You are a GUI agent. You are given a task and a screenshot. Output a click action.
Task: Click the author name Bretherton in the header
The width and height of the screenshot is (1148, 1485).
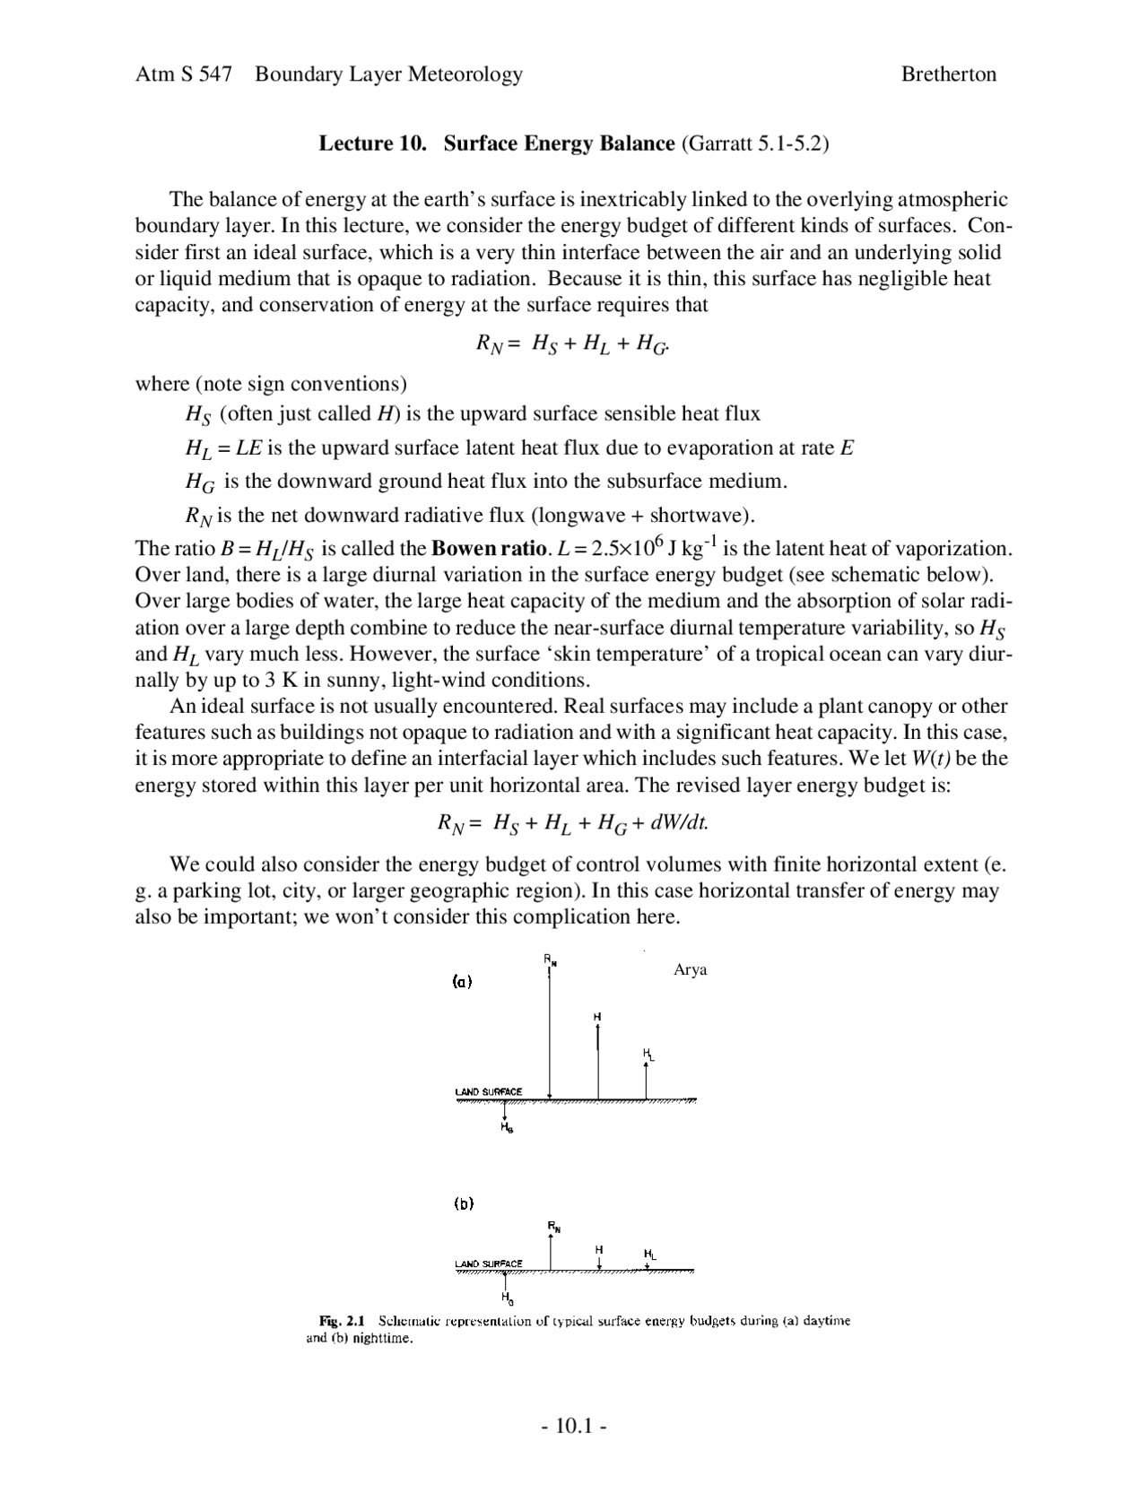coord(948,74)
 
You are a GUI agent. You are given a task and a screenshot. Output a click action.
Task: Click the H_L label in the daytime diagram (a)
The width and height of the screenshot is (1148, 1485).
coord(648,1054)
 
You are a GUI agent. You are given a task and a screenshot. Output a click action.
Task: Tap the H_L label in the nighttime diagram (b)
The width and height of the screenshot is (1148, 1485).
coord(649,1254)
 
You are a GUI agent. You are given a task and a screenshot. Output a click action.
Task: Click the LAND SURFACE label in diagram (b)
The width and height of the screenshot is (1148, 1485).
coord(488,1264)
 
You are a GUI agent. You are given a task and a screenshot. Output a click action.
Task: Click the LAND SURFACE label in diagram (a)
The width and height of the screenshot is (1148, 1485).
coord(488,1091)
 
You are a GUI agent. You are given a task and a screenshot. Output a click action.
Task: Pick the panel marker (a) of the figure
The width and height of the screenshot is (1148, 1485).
coord(462,981)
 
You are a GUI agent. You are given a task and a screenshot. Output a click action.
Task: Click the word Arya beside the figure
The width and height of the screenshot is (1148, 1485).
coord(690,970)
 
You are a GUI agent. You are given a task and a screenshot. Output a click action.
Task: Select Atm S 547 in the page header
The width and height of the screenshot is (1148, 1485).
coord(183,74)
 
